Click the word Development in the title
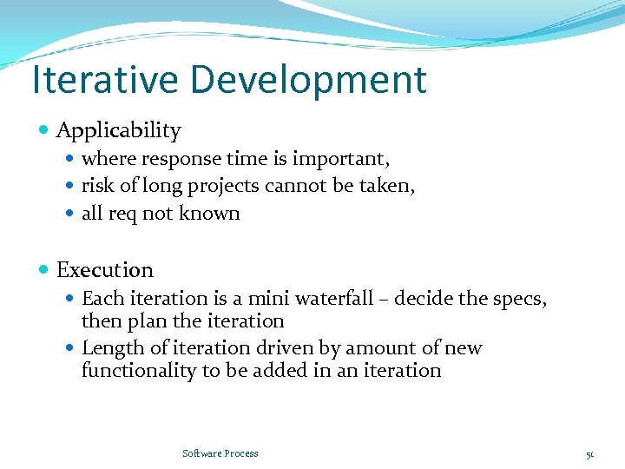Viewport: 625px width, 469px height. click(x=309, y=80)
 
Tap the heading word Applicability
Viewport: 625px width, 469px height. click(x=118, y=131)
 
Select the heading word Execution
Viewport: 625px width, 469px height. click(x=104, y=270)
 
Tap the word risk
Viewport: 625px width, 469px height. click(x=95, y=186)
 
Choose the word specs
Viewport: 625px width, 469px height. click(x=518, y=299)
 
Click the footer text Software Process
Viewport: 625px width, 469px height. click(x=220, y=453)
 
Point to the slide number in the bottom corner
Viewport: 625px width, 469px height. click(x=589, y=453)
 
